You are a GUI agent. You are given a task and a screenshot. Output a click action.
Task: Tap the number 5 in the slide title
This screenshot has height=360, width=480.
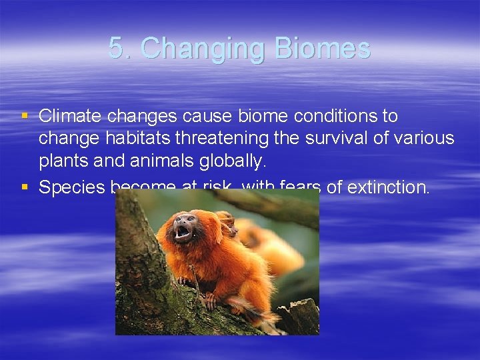[117, 49]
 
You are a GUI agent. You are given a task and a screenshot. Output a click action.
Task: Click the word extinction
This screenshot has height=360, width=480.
[388, 188]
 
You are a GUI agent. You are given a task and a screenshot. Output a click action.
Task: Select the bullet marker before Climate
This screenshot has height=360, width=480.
[25, 116]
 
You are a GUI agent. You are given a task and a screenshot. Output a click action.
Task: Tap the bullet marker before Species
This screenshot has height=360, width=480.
[25, 187]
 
